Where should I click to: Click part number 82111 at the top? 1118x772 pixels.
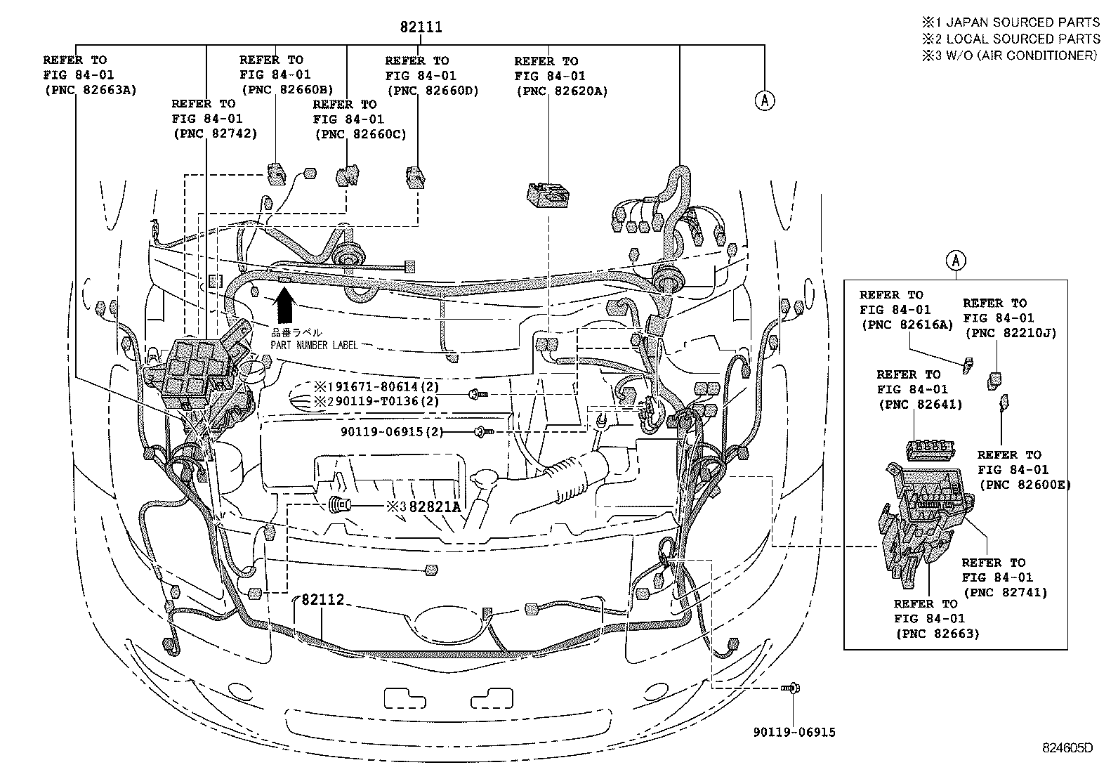421,27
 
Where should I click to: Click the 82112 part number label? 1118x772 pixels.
323,599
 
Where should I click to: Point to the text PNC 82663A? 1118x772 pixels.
90,89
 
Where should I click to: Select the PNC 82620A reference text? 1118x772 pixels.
561,91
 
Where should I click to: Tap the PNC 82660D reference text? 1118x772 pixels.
432,91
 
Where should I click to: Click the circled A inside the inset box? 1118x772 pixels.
956,261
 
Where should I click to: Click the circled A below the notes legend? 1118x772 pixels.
765,100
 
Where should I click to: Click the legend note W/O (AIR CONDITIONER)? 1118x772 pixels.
1019,55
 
